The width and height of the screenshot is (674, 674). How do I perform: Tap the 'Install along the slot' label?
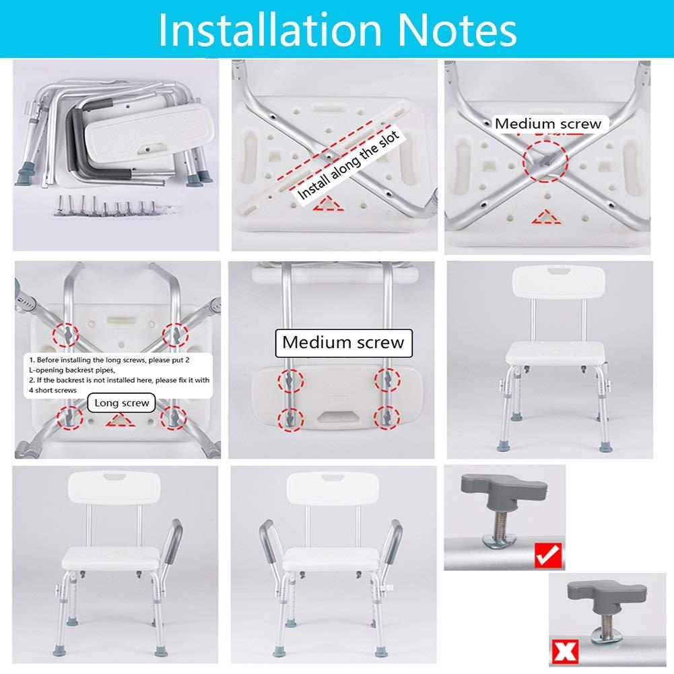(x=349, y=165)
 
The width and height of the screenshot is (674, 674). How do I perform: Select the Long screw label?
(x=122, y=403)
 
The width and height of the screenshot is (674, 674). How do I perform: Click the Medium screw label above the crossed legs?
(x=548, y=124)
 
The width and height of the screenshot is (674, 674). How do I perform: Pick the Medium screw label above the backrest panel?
(x=343, y=342)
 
